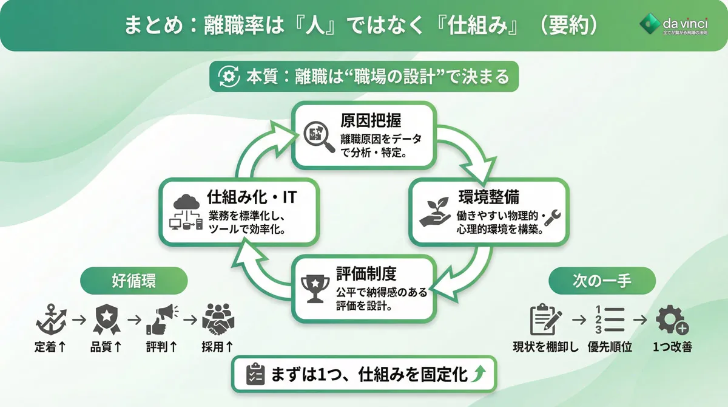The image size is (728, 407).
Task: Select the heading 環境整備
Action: (x=484, y=198)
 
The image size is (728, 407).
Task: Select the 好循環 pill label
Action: (x=133, y=281)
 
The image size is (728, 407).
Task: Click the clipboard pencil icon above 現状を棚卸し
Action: (x=545, y=319)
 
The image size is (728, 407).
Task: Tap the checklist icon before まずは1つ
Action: (x=254, y=375)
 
